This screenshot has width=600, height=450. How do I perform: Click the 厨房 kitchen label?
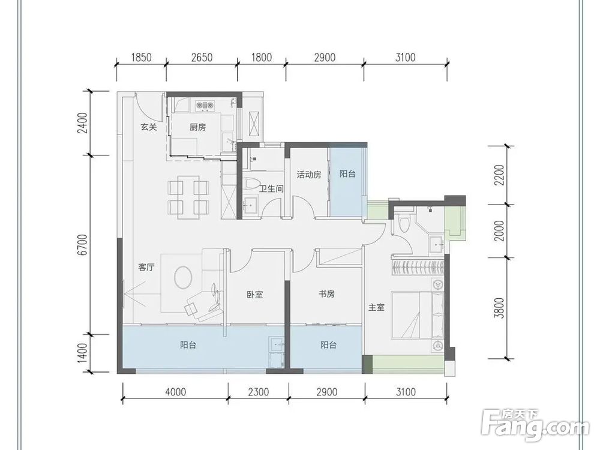click(x=197, y=127)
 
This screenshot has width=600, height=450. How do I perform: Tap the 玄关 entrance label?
click(x=148, y=127)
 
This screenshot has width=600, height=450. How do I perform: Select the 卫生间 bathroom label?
click(x=271, y=188)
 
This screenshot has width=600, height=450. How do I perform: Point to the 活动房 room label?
click(x=309, y=175)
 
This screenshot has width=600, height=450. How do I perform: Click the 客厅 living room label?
click(x=146, y=267)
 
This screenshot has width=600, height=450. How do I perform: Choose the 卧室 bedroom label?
click(x=255, y=295)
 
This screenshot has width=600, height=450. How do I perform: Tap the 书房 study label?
click(x=327, y=294)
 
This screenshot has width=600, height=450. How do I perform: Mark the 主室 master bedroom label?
click(x=377, y=307)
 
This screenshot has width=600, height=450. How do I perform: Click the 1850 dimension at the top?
click(x=141, y=58)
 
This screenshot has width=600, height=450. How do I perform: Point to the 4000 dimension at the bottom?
click(x=176, y=392)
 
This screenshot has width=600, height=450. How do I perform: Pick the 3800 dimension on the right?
click(x=499, y=308)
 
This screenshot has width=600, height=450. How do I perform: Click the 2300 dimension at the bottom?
click(x=258, y=392)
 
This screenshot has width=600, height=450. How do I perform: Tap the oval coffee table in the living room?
click(x=183, y=277)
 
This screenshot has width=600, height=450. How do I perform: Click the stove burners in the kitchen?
click(x=205, y=104)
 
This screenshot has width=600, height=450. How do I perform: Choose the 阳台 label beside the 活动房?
click(x=347, y=174)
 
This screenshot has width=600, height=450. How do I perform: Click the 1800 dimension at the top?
click(x=262, y=58)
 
